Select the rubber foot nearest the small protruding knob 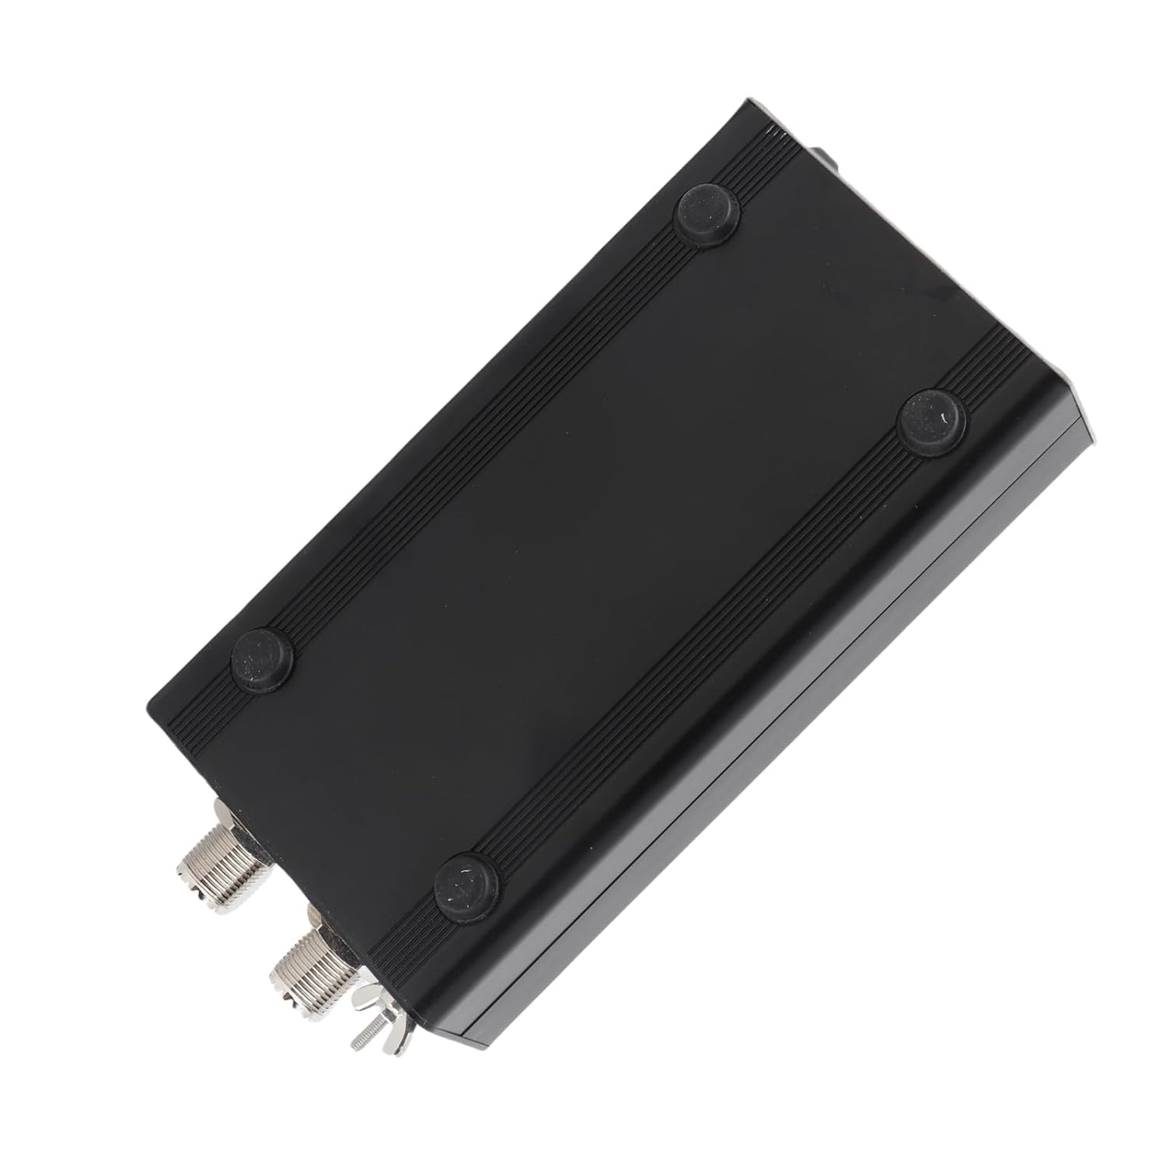coord(708,212)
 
